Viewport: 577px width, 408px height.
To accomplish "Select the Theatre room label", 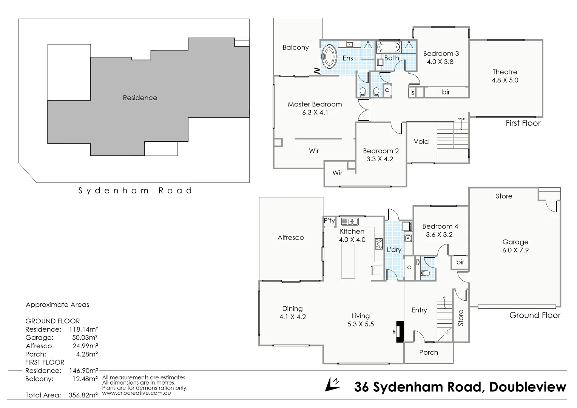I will (x=504, y=72).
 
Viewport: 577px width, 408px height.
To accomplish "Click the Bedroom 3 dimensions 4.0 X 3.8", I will (x=440, y=62).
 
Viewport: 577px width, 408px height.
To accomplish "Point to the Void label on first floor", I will (x=421, y=141).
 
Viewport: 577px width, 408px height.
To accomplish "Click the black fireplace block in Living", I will (x=400, y=331).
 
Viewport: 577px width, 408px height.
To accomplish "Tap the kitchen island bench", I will (x=348, y=261).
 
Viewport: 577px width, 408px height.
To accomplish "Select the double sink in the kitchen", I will (x=350, y=222).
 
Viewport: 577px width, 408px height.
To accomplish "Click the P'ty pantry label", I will (x=329, y=221).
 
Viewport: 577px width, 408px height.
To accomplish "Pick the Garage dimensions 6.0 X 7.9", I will (x=515, y=250).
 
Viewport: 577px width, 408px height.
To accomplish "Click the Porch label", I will (x=429, y=352).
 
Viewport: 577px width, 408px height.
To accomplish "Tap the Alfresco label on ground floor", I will (x=290, y=237).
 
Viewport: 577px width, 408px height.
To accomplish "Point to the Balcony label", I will (x=296, y=47).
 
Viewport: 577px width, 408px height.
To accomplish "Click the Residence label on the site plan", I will (x=140, y=97).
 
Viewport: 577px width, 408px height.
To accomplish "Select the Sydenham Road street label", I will (x=135, y=191).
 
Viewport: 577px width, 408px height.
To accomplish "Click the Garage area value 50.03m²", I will (x=85, y=337).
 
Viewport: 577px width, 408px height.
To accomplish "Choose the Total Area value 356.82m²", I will (x=83, y=395).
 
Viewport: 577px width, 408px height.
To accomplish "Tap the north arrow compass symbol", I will (x=332, y=384).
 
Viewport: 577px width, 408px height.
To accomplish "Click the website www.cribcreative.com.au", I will (x=136, y=393).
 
